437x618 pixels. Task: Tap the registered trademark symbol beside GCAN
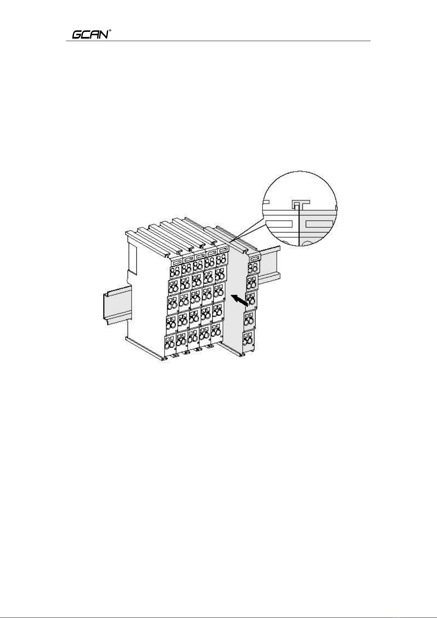tap(110, 30)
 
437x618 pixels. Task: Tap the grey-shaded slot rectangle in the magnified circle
tap(320, 224)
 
